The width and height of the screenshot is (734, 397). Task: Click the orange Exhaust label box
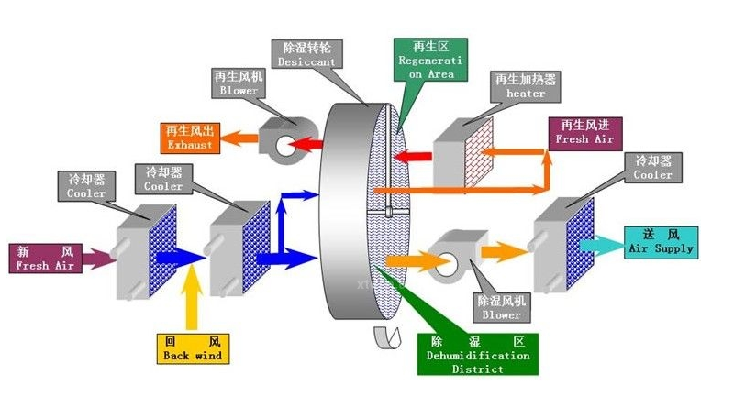(x=190, y=138)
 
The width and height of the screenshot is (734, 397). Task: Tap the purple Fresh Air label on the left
(x=44, y=258)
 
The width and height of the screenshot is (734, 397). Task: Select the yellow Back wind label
(x=191, y=348)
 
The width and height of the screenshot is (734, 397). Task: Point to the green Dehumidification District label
(x=477, y=355)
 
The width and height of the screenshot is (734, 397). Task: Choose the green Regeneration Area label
(x=430, y=59)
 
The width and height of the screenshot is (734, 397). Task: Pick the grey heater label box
(x=526, y=86)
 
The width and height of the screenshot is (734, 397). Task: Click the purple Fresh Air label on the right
(x=584, y=133)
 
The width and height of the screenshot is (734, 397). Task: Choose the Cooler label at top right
(x=653, y=168)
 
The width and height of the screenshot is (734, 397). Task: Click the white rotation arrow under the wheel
(x=386, y=337)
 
